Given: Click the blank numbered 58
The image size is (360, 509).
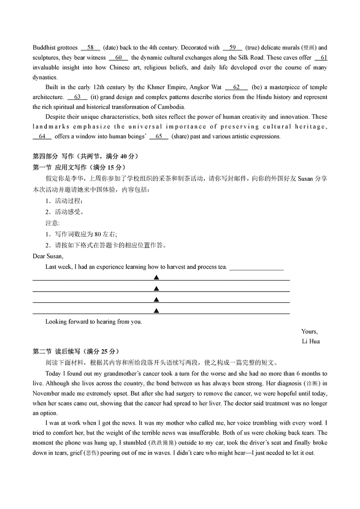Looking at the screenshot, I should point(90,48).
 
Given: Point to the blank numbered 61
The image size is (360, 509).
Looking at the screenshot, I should point(321,58).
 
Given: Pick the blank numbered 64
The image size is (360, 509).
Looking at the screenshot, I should point(42,136).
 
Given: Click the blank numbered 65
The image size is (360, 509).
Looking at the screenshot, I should point(158,136).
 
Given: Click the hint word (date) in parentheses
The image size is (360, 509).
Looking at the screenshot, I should point(110,48).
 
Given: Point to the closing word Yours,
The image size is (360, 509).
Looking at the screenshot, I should point(310,332).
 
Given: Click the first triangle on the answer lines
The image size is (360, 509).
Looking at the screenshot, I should point(156,277).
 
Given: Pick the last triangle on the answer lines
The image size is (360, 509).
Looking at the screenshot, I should point(156,311).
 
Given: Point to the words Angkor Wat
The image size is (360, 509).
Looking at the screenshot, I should point(206,87).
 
